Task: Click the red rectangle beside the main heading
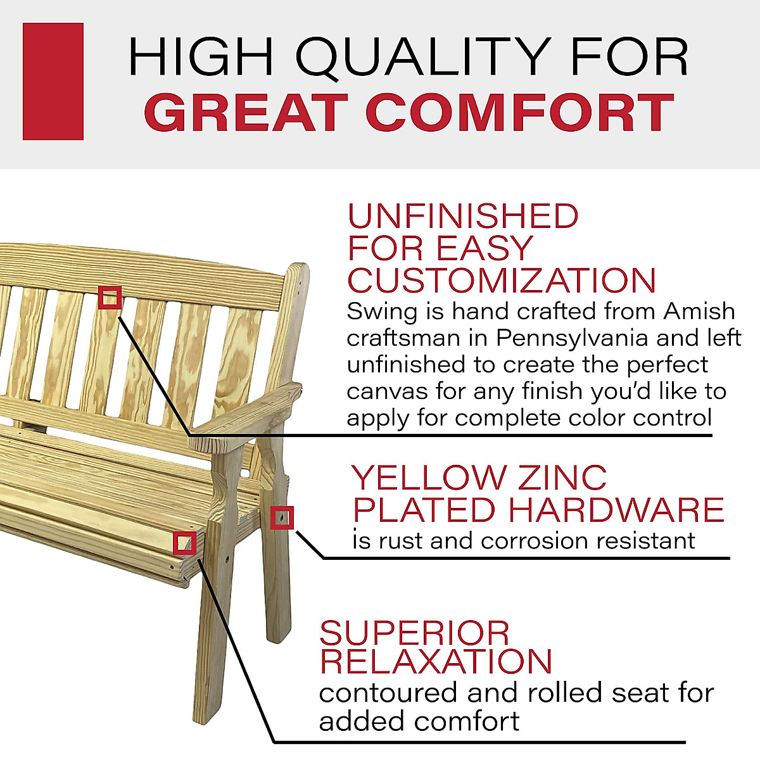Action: click(53, 81)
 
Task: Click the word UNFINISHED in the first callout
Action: click(463, 217)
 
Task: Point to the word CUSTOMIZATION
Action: click(502, 281)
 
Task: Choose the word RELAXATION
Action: click(436, 661)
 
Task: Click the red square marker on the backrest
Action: click(110, 297)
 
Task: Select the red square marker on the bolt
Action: click(282, 517)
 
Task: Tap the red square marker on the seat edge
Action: click(184, 543)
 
